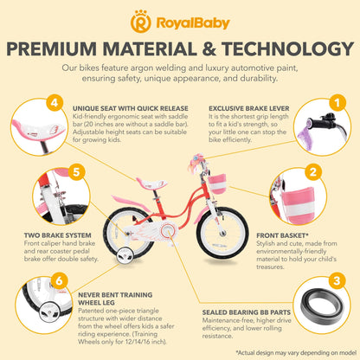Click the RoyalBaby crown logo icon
(140, 22)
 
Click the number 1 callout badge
(337, 102)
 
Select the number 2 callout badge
(313, 172)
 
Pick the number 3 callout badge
(337, 280)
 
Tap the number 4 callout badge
(55, 102)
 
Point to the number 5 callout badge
(76, 172)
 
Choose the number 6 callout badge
(59, 280)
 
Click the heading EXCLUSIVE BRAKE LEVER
(249, 109)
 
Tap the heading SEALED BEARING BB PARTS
(247, 312)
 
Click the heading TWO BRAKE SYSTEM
(57, 235)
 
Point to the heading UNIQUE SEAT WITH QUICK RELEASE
(131, 109)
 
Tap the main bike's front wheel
(222, 233)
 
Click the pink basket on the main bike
(217, 183)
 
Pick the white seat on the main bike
(151, 183)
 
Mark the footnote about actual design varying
(296, 352)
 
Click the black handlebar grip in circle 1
(318, 123)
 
